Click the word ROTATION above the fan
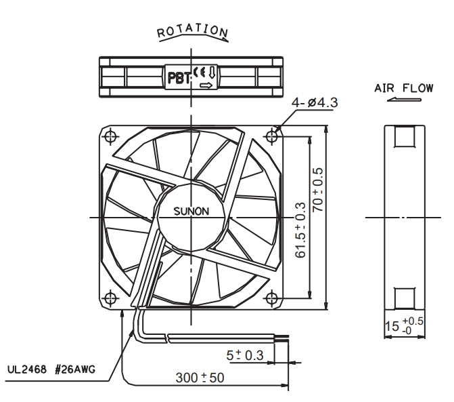(x=192, y=31)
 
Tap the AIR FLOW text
(x=404, y=88)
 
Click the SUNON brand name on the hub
(x=191, y=211)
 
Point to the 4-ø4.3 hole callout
(x=315, y=102)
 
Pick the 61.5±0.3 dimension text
(x=300, y=230)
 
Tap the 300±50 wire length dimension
(x=200, y=378)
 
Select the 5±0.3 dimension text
(x=245, y=355)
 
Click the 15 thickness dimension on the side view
(x=404, y=325)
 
